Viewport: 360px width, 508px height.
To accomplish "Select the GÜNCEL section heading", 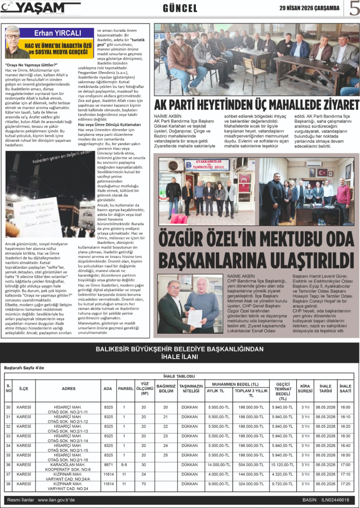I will click(x=180, y=9).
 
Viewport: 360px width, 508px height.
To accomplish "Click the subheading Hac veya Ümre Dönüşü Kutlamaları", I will click(x=109, y=124).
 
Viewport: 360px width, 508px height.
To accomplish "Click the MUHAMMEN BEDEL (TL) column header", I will click(x=235, y=384).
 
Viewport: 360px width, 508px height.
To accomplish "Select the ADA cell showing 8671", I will click(x=108, y=464).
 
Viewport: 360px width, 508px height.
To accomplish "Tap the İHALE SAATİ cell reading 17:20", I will click(x=345, y=484).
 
